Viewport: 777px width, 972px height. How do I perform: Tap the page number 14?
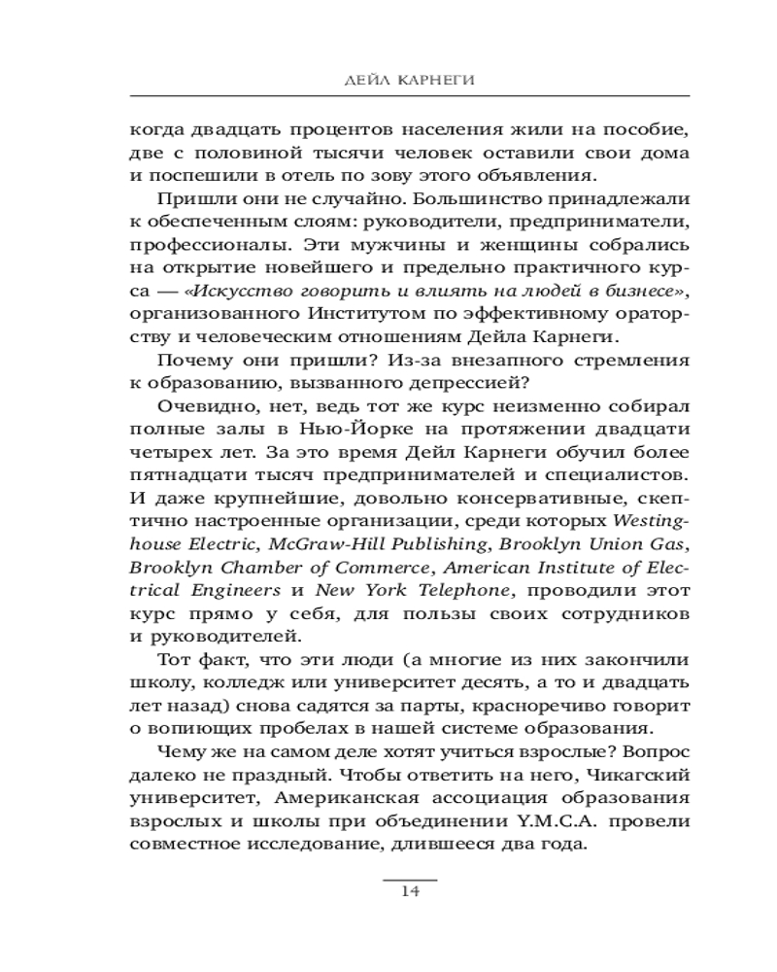tap(409, 894)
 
